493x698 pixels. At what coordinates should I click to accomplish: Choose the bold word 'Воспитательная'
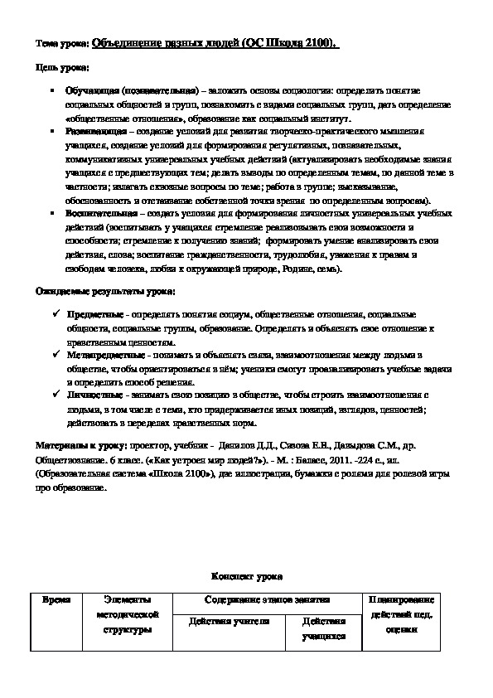pos(99,213)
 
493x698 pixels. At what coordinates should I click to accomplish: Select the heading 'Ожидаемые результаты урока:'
pos(105,291)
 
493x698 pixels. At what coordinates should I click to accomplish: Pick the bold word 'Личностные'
pos(95,396)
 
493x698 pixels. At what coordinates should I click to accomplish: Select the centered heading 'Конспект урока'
pos(247,574)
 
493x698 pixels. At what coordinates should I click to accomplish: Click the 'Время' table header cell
pos(56,599)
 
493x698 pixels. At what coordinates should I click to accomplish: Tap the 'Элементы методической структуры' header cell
pos(127,614)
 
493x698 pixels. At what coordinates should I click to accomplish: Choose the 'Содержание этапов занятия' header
pos(267,599)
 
